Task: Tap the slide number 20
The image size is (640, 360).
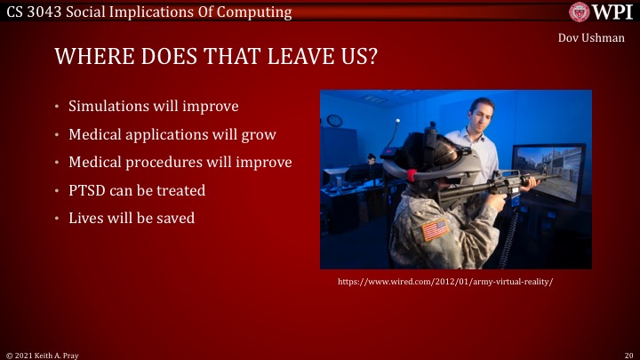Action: click(628, 354)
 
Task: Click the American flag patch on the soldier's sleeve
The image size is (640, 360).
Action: click(436, 228)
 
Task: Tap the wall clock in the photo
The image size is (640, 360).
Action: click(335, 120)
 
